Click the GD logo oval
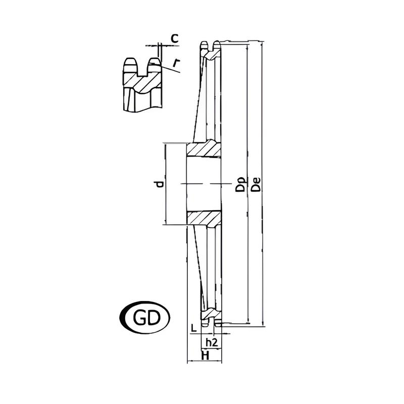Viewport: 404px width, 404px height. click(145, 318)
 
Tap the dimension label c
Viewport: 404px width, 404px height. click(175, 38)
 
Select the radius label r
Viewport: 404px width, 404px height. click(176, 63)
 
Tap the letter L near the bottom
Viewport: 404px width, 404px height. click(194, 328)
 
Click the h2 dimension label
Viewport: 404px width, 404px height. click(212, 342)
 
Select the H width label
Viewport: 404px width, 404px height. click(205, 356)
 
